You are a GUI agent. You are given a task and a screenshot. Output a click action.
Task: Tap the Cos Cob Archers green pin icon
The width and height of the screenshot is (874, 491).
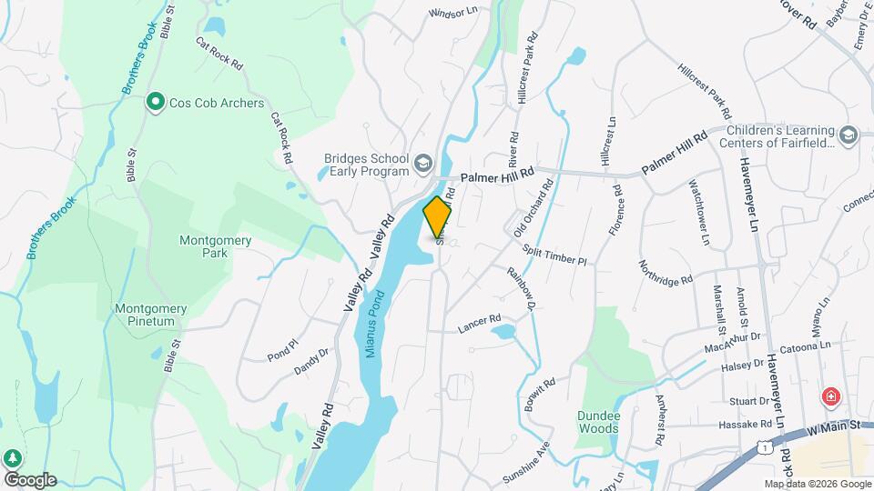(x=156, y=103)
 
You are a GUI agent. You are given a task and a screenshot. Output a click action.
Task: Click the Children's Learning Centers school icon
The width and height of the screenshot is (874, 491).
(x=849, y=135)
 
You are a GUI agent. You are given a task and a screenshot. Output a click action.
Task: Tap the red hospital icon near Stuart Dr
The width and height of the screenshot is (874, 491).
(x=829, y=396)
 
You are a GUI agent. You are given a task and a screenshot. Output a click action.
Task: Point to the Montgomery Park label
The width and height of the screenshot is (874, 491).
(x=202, y=246)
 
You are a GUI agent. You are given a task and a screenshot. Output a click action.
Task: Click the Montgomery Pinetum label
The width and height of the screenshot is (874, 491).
(x=150, y=315)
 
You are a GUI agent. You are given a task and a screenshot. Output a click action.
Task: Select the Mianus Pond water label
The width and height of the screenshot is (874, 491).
(x=375, y=324)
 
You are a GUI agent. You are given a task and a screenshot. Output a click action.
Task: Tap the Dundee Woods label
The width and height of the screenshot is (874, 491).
(x=598, y=422)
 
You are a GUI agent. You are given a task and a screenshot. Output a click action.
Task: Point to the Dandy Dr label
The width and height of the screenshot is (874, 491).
(x=310, y=362)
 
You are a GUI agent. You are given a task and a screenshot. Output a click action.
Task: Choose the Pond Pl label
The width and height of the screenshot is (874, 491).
(x=282, y=350)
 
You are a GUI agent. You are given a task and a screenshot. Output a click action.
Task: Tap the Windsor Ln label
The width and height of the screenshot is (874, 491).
(x=452, y=14)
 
